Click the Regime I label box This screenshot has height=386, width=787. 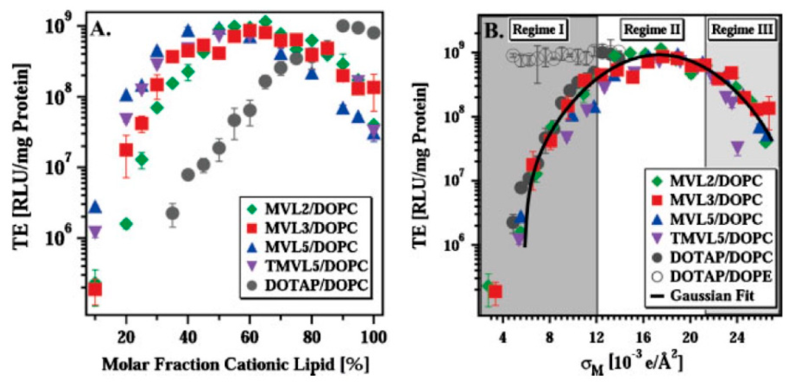point(538,30)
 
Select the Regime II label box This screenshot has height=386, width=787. point(652,30)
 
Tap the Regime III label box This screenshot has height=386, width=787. point(742,30)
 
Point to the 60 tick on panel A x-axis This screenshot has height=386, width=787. point(249,337)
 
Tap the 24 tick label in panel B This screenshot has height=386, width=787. point(737,337)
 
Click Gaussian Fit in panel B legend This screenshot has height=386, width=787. point(712,296)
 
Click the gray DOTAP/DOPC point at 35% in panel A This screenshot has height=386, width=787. point(172,214)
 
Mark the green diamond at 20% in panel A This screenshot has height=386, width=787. point(126,224)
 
